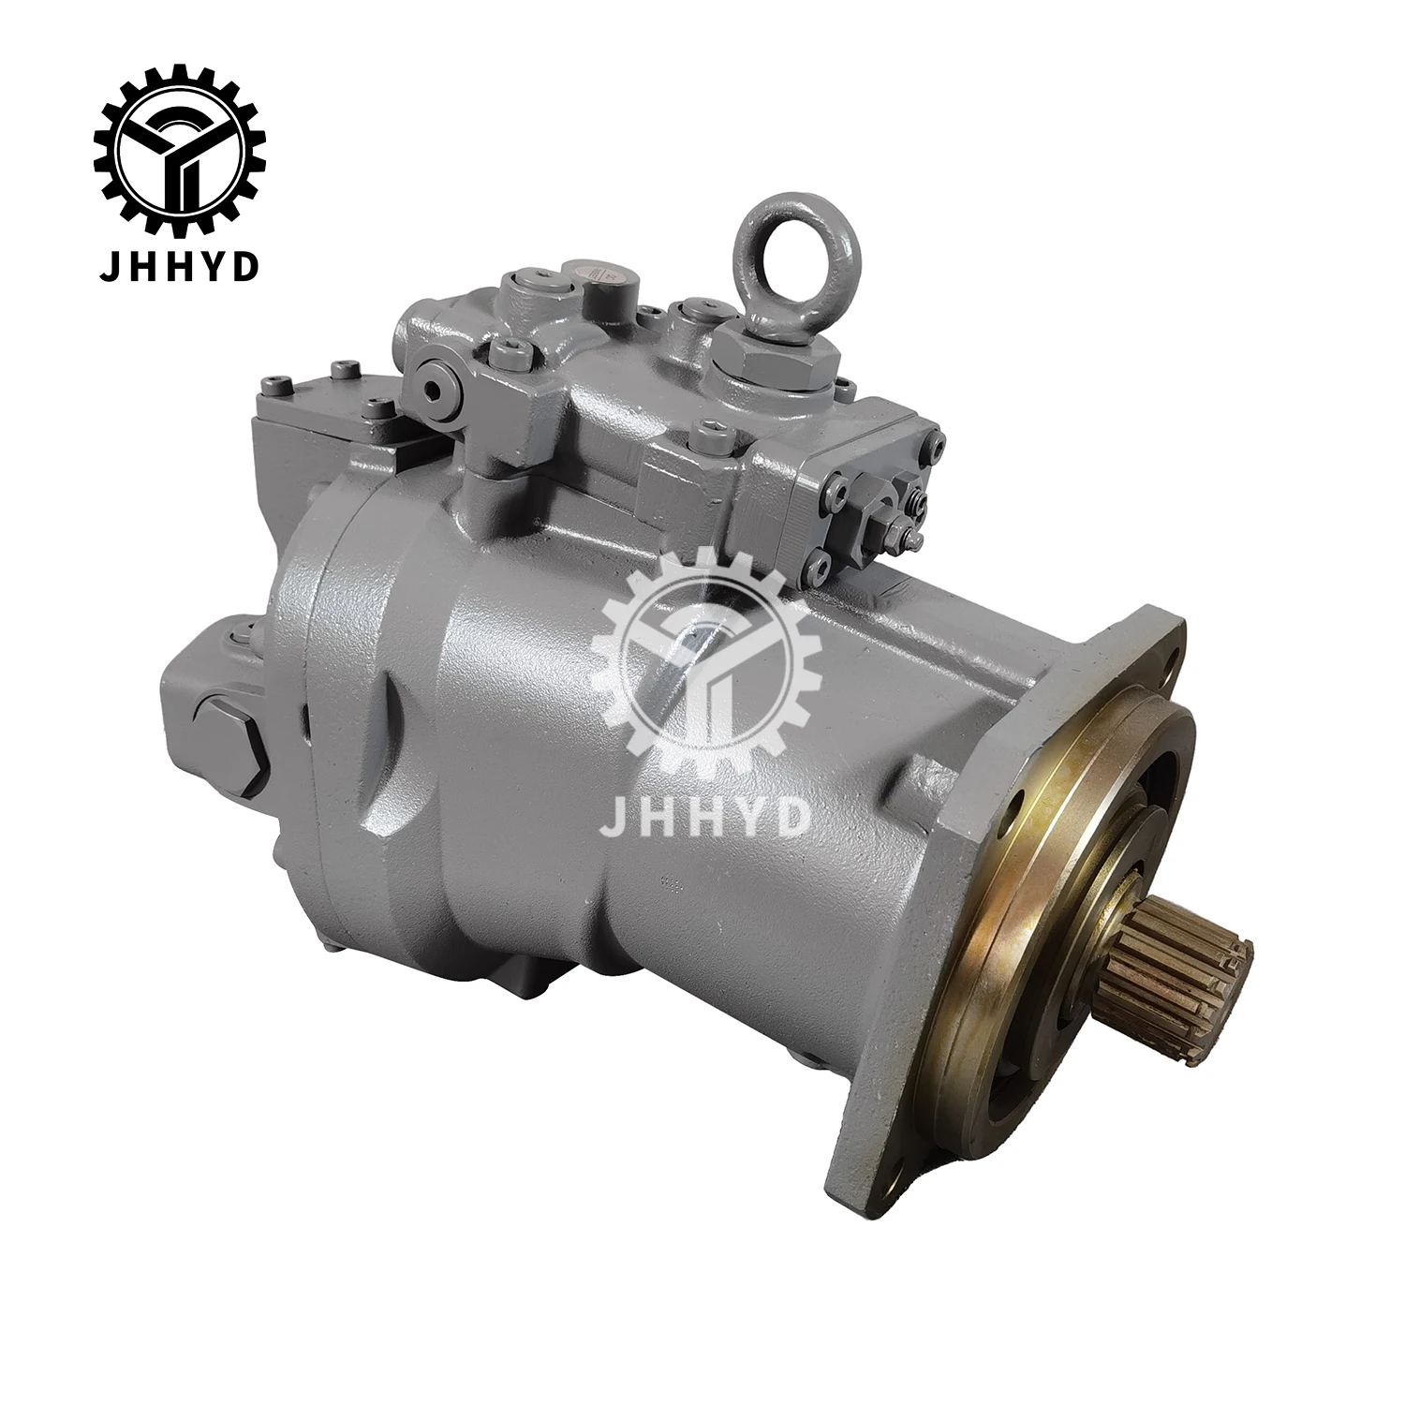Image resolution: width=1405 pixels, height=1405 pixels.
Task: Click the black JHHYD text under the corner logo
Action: [179, 242]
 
